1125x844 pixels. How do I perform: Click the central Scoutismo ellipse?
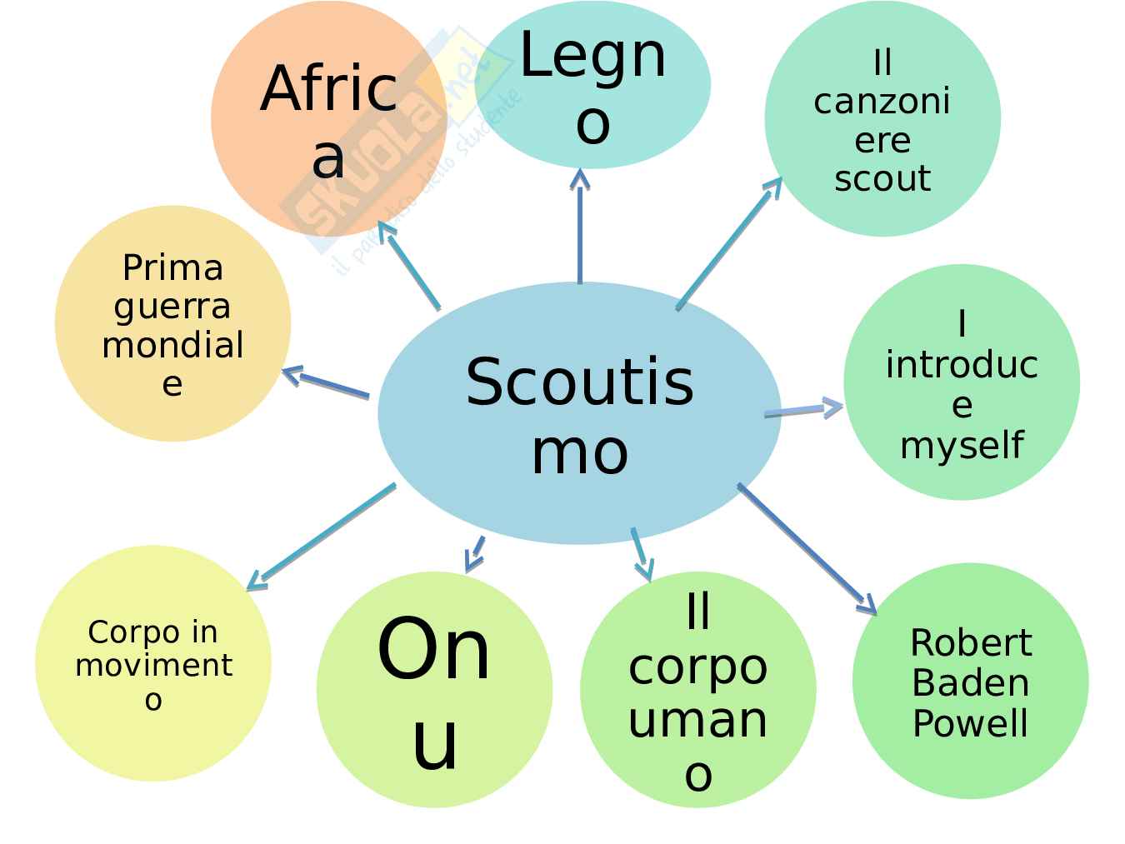[579, 413]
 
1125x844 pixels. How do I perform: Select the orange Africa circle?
[328, 118]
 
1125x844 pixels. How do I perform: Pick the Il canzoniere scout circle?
[882, 119]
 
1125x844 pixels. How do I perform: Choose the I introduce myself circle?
[962, 382]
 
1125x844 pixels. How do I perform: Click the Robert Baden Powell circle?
[970, 682]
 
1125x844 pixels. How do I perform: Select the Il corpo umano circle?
[697, 690]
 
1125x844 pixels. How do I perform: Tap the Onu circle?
[434, 690]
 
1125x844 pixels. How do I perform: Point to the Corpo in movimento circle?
[153, 664]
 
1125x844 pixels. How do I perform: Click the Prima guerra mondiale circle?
[172, 323]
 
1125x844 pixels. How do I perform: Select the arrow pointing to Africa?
[408, 265]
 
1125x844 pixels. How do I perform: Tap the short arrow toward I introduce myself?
[803, 409]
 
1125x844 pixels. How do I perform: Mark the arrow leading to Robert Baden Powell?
[807, 550]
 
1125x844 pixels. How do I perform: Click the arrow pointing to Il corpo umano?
[641, 553]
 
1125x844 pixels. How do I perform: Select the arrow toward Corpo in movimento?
[321, 537]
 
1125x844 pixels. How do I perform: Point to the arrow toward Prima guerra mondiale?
[326, 384]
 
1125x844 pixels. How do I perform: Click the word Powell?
[970, 722]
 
